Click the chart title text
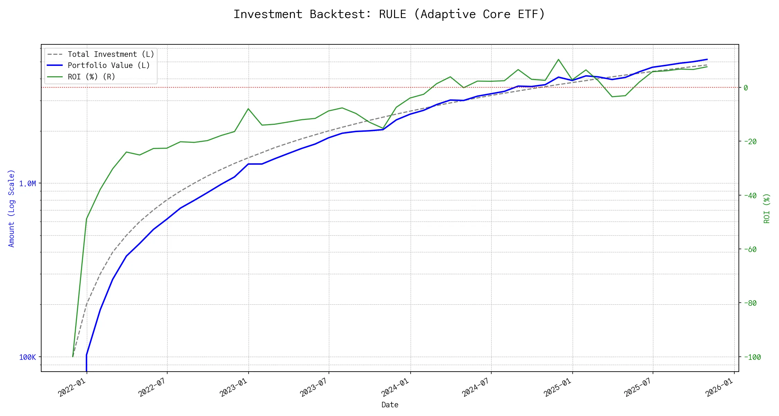389,14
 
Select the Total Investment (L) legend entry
111,54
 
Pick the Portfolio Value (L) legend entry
109,66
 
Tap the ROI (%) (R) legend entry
91,77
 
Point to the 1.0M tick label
27,183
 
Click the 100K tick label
27,357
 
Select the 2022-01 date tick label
72,387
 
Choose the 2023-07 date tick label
314,387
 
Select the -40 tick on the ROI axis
750,196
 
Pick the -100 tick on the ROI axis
752,357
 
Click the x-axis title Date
390,405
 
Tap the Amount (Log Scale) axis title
12,208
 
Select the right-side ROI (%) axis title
767,208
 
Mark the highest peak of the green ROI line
558,59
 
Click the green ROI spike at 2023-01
248,109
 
